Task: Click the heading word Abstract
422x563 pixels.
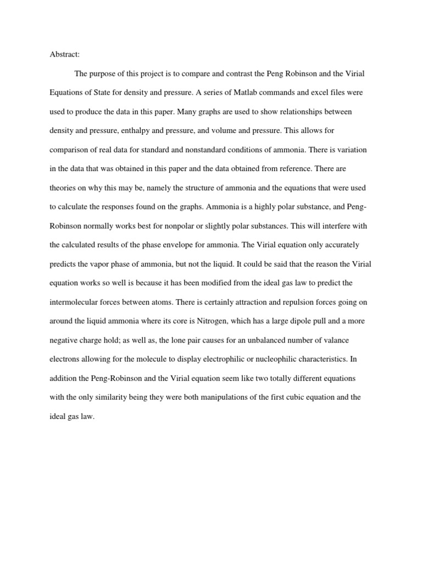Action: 64,54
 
